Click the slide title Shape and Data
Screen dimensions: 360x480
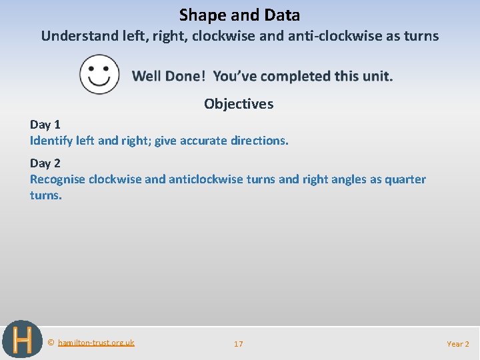(x=239, y=15)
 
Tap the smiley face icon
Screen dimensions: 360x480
(x=99, y=74)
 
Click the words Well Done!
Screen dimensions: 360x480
(x=169, y=76)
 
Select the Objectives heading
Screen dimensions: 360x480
(x=239, y=104)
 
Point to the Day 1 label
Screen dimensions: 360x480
(x=45, y=124)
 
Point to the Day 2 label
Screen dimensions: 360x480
(x=45, y=163)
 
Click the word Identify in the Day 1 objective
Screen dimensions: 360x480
(x=51, y=141)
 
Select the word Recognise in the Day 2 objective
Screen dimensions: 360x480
(x=57, y=179)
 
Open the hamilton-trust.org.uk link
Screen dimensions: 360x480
(x=96, y=343)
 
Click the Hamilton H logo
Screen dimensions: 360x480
(x=22, y=340)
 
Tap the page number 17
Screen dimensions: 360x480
(x=239, y=344)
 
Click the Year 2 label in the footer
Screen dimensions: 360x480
(x=458, y=344)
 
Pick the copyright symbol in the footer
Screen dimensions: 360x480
(x=51, y=343)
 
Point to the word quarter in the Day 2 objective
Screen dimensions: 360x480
(x=402, y=179)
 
